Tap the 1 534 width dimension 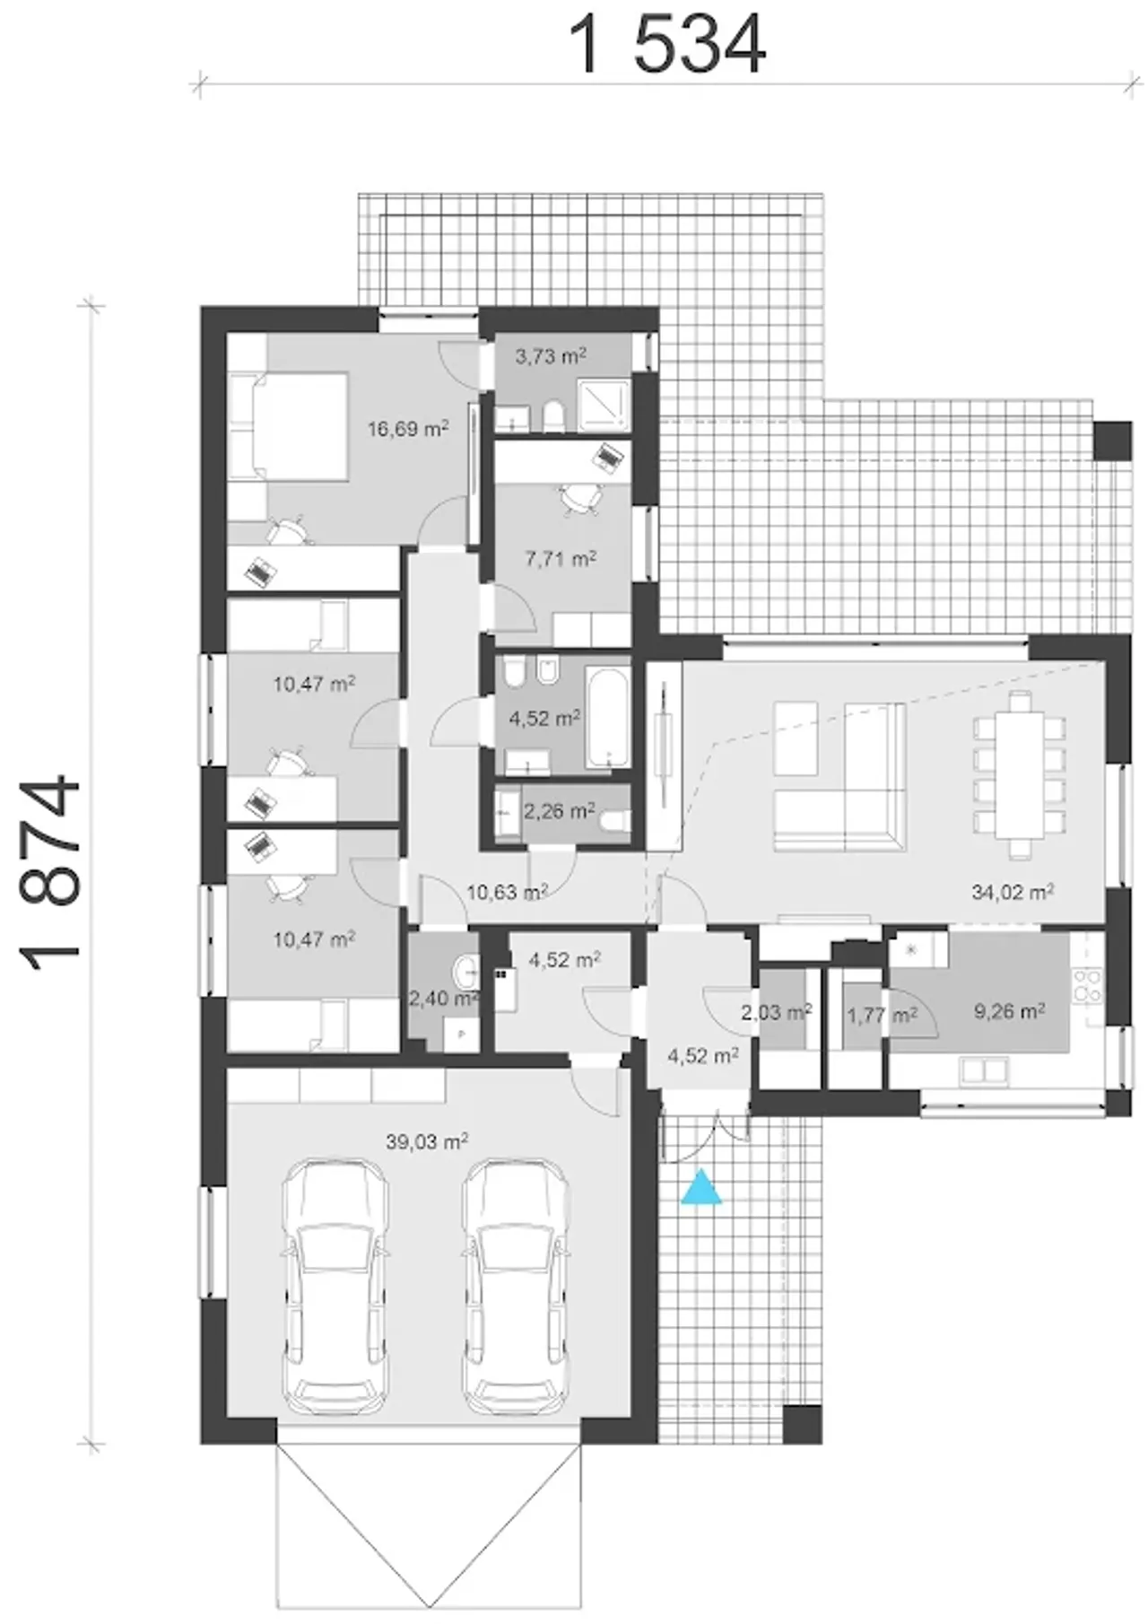coord(668,45)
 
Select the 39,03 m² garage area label coord(427,1142)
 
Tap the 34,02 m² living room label coord(1012,892)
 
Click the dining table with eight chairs coord(1020,774)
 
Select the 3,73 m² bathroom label coord(551,356)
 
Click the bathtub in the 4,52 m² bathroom coord(608,717)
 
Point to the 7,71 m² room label coord(561,559)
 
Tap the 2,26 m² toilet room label coord(559,811)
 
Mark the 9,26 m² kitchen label coord(1009,1012)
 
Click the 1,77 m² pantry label coord(882,1016)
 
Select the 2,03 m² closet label coord(776,1013)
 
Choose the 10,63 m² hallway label coord(508,892)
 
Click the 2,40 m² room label coord(444,999)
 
